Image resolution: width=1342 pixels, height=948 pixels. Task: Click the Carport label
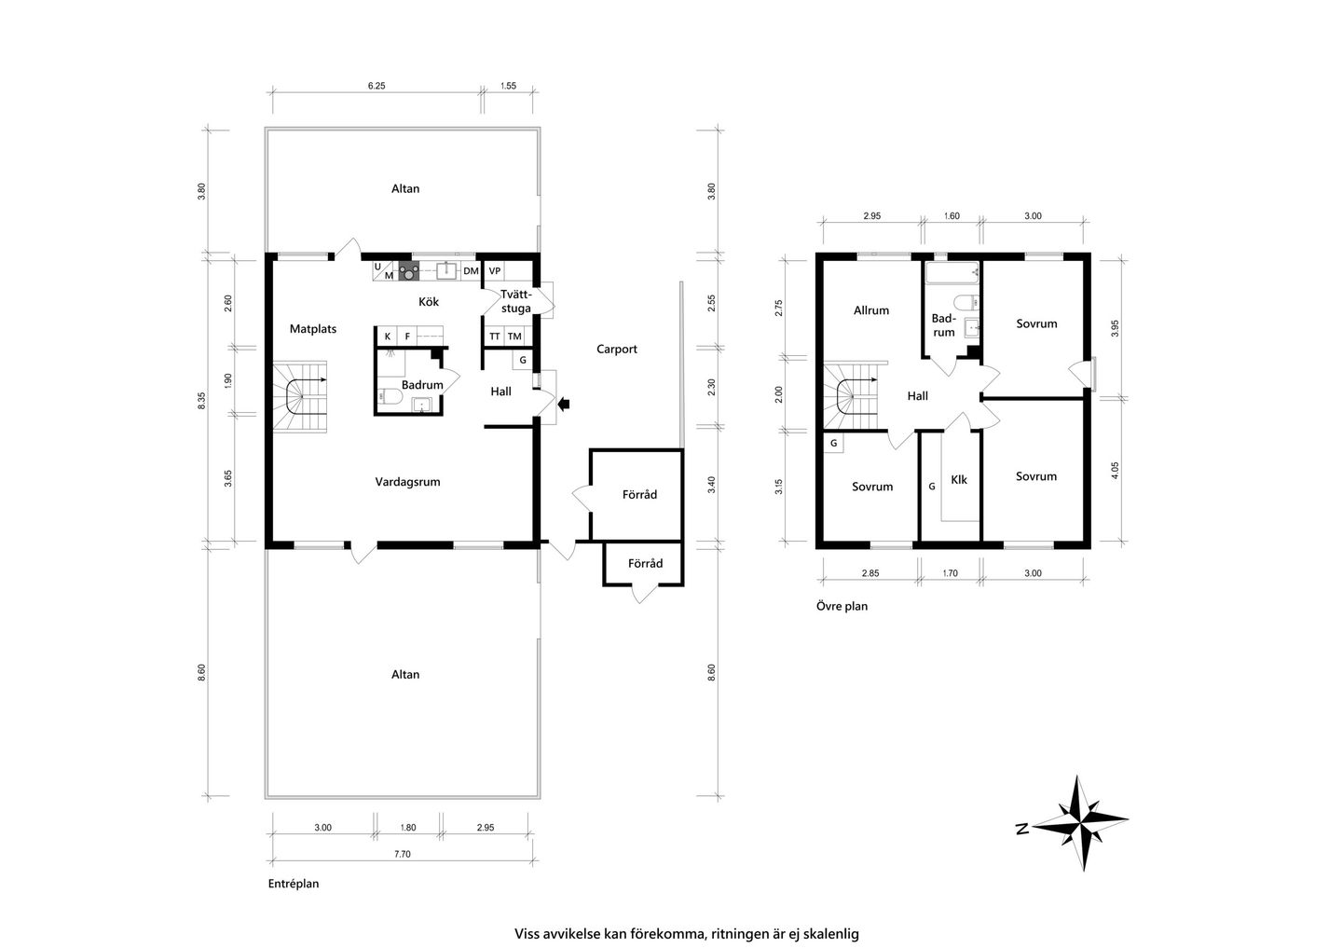617,350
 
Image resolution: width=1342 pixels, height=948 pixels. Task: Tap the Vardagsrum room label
407,482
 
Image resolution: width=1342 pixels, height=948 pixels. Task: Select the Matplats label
313,329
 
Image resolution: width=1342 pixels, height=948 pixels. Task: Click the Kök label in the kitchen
429,301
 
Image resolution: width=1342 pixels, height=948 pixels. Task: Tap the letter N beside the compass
1022,830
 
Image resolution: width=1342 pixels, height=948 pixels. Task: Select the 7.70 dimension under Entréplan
402,855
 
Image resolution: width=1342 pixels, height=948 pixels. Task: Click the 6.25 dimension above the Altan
377,86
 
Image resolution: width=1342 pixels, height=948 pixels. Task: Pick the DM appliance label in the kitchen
471,271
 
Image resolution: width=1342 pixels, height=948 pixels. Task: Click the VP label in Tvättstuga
494,271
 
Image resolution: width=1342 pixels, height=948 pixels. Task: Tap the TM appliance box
514,337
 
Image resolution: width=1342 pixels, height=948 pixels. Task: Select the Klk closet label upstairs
959,480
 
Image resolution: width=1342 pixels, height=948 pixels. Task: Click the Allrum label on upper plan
871,310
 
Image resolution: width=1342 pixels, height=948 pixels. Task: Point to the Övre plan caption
842,606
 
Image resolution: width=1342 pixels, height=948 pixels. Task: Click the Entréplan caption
293,884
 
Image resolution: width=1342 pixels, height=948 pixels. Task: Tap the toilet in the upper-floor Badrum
965,301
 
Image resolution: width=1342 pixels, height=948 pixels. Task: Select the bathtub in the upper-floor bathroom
952,272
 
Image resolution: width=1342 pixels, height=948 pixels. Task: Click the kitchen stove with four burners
408,271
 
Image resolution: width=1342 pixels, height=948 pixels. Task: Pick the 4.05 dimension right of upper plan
1115,471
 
